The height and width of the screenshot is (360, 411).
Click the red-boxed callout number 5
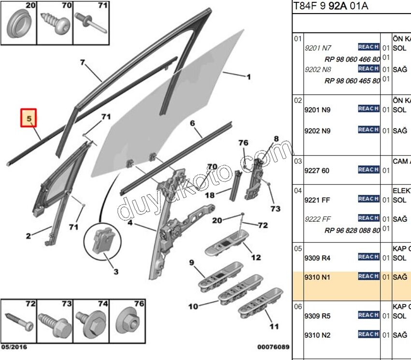[29, 118]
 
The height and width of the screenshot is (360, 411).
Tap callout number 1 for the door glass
[249, 77]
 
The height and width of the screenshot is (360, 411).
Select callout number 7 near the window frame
[82, 62]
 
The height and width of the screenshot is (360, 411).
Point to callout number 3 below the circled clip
[116, 272]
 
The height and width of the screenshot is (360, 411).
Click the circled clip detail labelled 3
[103, 240]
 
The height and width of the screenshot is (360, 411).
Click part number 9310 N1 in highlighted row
[317, 277]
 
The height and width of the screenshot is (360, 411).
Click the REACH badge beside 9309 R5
[368, 315]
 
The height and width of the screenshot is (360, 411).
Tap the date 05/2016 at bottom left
[14, 347]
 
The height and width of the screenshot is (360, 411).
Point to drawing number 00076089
[273, 347]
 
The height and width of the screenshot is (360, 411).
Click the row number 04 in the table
[298, 191]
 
